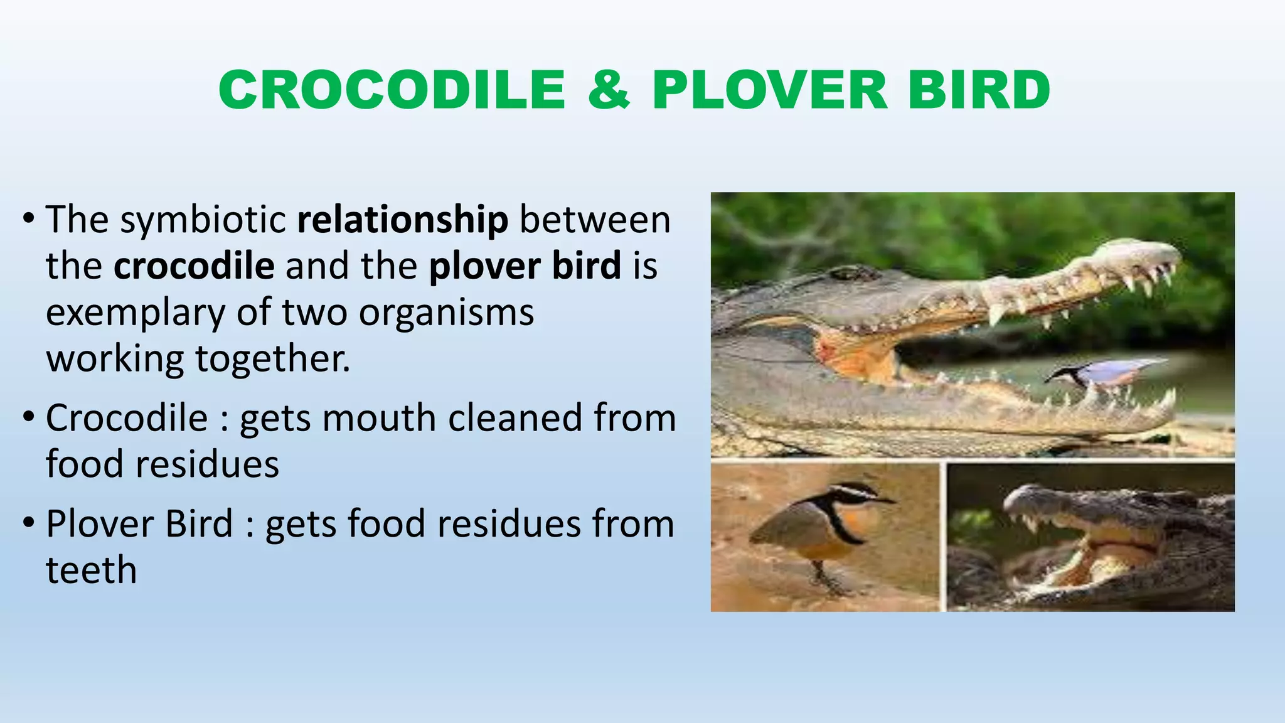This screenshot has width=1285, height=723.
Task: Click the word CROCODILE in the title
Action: pyautogui.click(x=392, y=90)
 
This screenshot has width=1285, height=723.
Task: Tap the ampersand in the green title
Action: pyautogui.click(x=609, y=90)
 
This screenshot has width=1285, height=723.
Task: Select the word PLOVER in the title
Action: pyautogui.click(x=769, y=90)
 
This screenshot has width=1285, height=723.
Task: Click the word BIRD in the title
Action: pyautogui.click(x=979, y=90)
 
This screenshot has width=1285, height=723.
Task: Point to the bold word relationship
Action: pyautogui.click(x=402, y=220)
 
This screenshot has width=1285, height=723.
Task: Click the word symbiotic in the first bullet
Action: pyautogui.click(x=203, y=220)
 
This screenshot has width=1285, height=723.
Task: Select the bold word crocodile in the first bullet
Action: pyautogui.click(x=194, y=266)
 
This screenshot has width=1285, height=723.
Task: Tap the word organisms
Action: pyautogui.click(x=446, y=312)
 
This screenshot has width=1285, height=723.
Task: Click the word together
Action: pyautogui.click(x=272, y=358)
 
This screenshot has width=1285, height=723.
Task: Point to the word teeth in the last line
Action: pyautogui.click(x=92, y=570)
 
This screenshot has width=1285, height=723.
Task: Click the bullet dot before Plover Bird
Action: pyautogui.click(x=28, y=523)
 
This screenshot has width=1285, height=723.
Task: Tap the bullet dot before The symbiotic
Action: pyautogui.click(x=28, y=220)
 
